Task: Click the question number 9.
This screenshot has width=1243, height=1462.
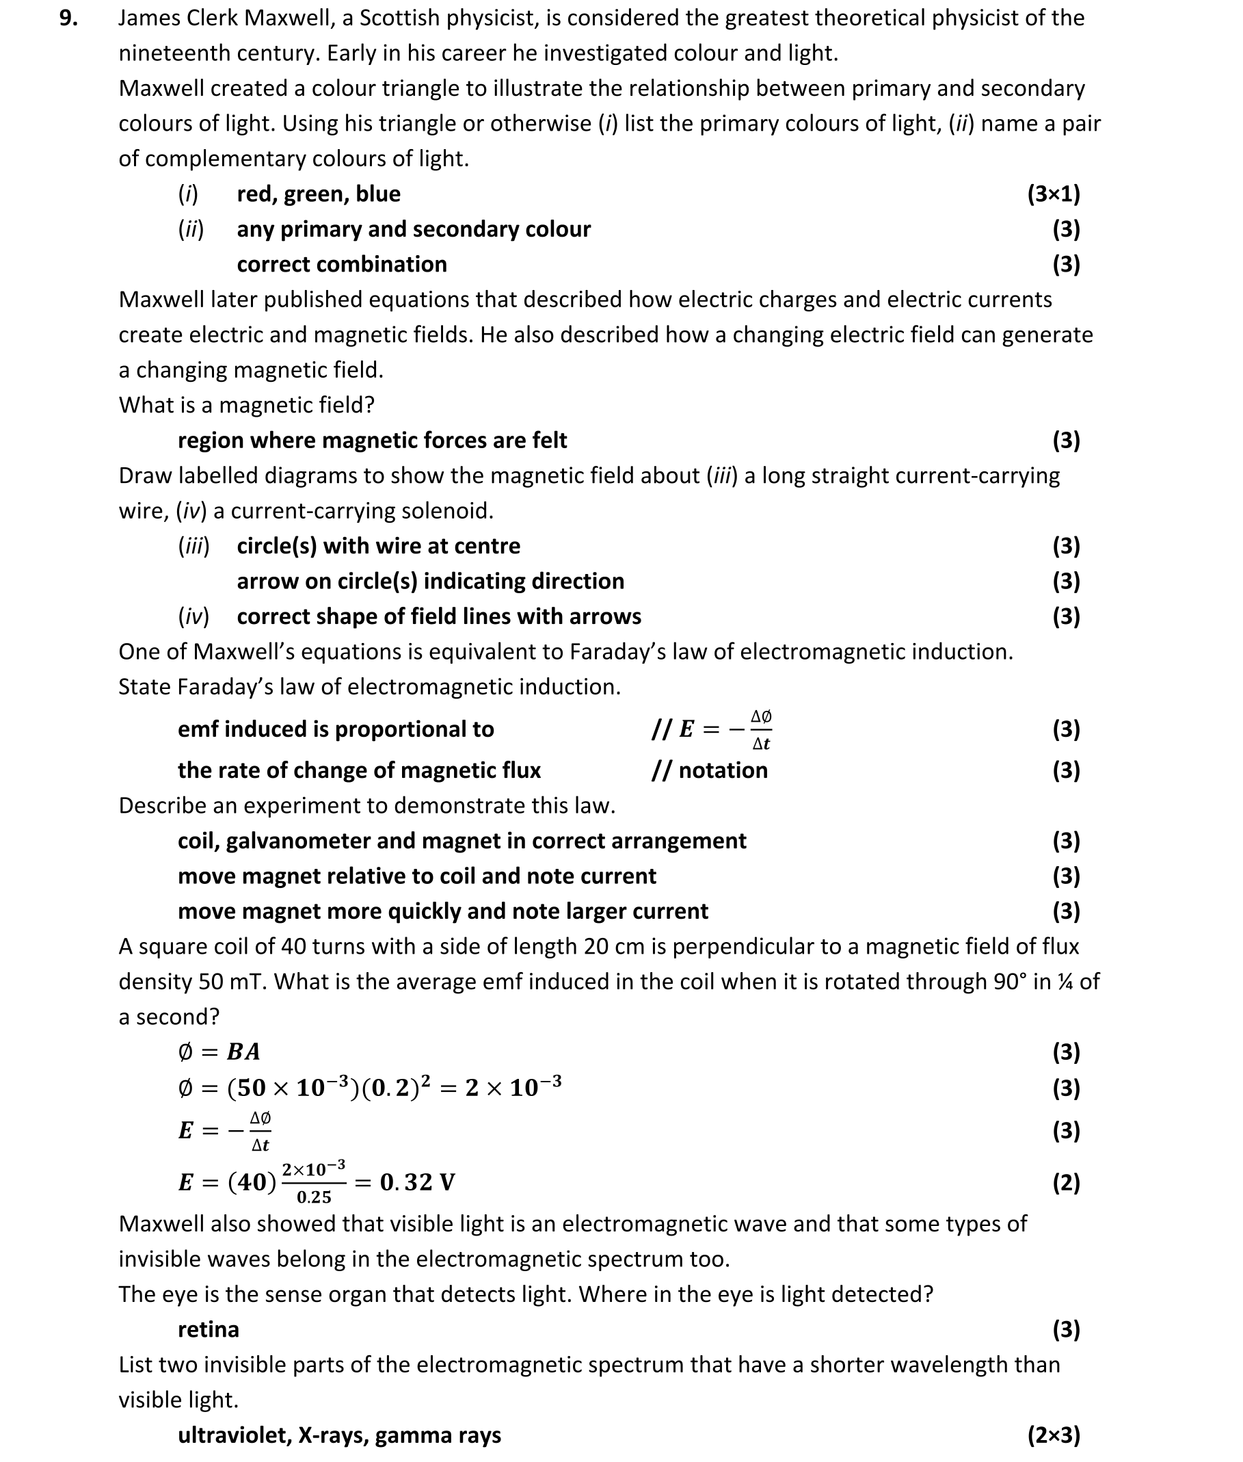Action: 68,18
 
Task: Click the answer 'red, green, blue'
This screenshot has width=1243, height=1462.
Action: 318,194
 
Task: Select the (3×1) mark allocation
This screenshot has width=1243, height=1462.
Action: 1053,194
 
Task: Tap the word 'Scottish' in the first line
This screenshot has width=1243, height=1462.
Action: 399,18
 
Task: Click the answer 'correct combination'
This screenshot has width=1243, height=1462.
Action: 342,264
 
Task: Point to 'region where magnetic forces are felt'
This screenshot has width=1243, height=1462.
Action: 372,441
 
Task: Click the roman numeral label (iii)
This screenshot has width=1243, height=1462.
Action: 193,547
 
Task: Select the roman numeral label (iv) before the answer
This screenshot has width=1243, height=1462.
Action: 193,617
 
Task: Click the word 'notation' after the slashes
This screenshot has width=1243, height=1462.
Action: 723,770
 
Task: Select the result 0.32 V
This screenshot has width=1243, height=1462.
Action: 417,1182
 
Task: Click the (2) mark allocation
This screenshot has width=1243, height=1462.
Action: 1065,1182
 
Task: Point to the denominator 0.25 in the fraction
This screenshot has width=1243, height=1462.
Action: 314,1197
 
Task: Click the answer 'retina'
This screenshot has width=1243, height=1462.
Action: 208,1329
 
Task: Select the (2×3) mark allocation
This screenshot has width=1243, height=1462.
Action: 1053,1435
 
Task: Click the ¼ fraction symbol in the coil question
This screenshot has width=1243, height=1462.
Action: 1065,981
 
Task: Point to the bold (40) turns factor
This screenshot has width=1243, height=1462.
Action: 252,1182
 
